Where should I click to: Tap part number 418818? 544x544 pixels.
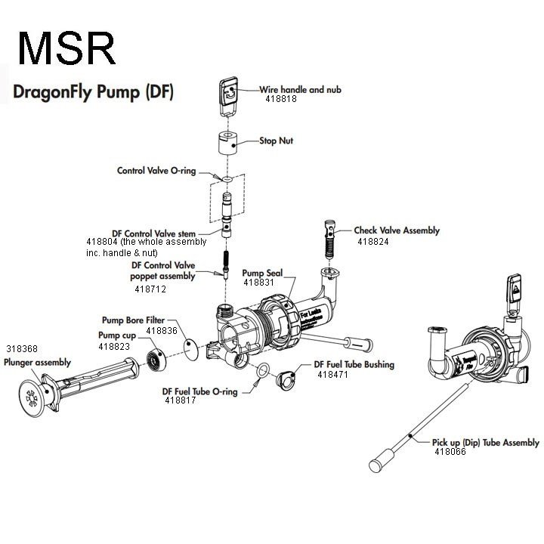pyautogui.click(x=280, y=99)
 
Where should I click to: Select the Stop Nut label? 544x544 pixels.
pyautogui.click(x=277, y=141)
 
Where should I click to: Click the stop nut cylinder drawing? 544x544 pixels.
pyautogui.click(x=224, y=141)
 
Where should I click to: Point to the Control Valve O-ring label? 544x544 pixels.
pyautogui.click(x=156, y=171)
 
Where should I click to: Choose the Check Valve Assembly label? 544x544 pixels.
pyautogui.click(x=397, y=230)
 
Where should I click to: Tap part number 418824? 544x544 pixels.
pyautogui.click(x=373, y=242)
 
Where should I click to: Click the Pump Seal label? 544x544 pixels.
pyautogui.click(x=262, y=271)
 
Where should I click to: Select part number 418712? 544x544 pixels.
pyautogui.click(x=150, y=289)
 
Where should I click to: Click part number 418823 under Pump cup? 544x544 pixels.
pyautogui.click(x=114, y=346)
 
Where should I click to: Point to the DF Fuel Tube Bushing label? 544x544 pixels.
pyautogui.click(x=354, y=364)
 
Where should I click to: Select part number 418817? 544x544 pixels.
pyautogui.click(x=181, y=401)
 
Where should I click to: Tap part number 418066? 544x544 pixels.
pyautogui.click(x=451, y=453)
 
